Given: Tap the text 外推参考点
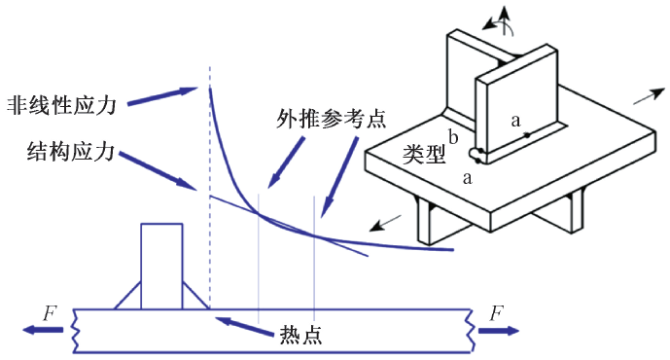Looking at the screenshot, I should [331, 121].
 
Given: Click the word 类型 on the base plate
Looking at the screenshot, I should [425, 154].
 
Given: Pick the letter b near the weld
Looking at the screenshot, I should [452, 136].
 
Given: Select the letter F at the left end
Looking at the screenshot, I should [50, 313].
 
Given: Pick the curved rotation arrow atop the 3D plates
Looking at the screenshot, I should [502, 20].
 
